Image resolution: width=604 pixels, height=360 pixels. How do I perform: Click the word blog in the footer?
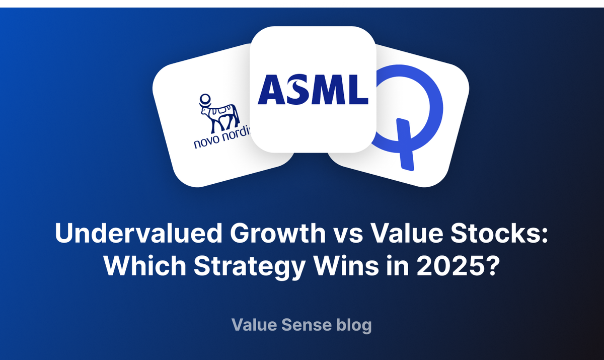[354, 325]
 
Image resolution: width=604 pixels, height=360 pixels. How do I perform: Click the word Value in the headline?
[391, 235]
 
